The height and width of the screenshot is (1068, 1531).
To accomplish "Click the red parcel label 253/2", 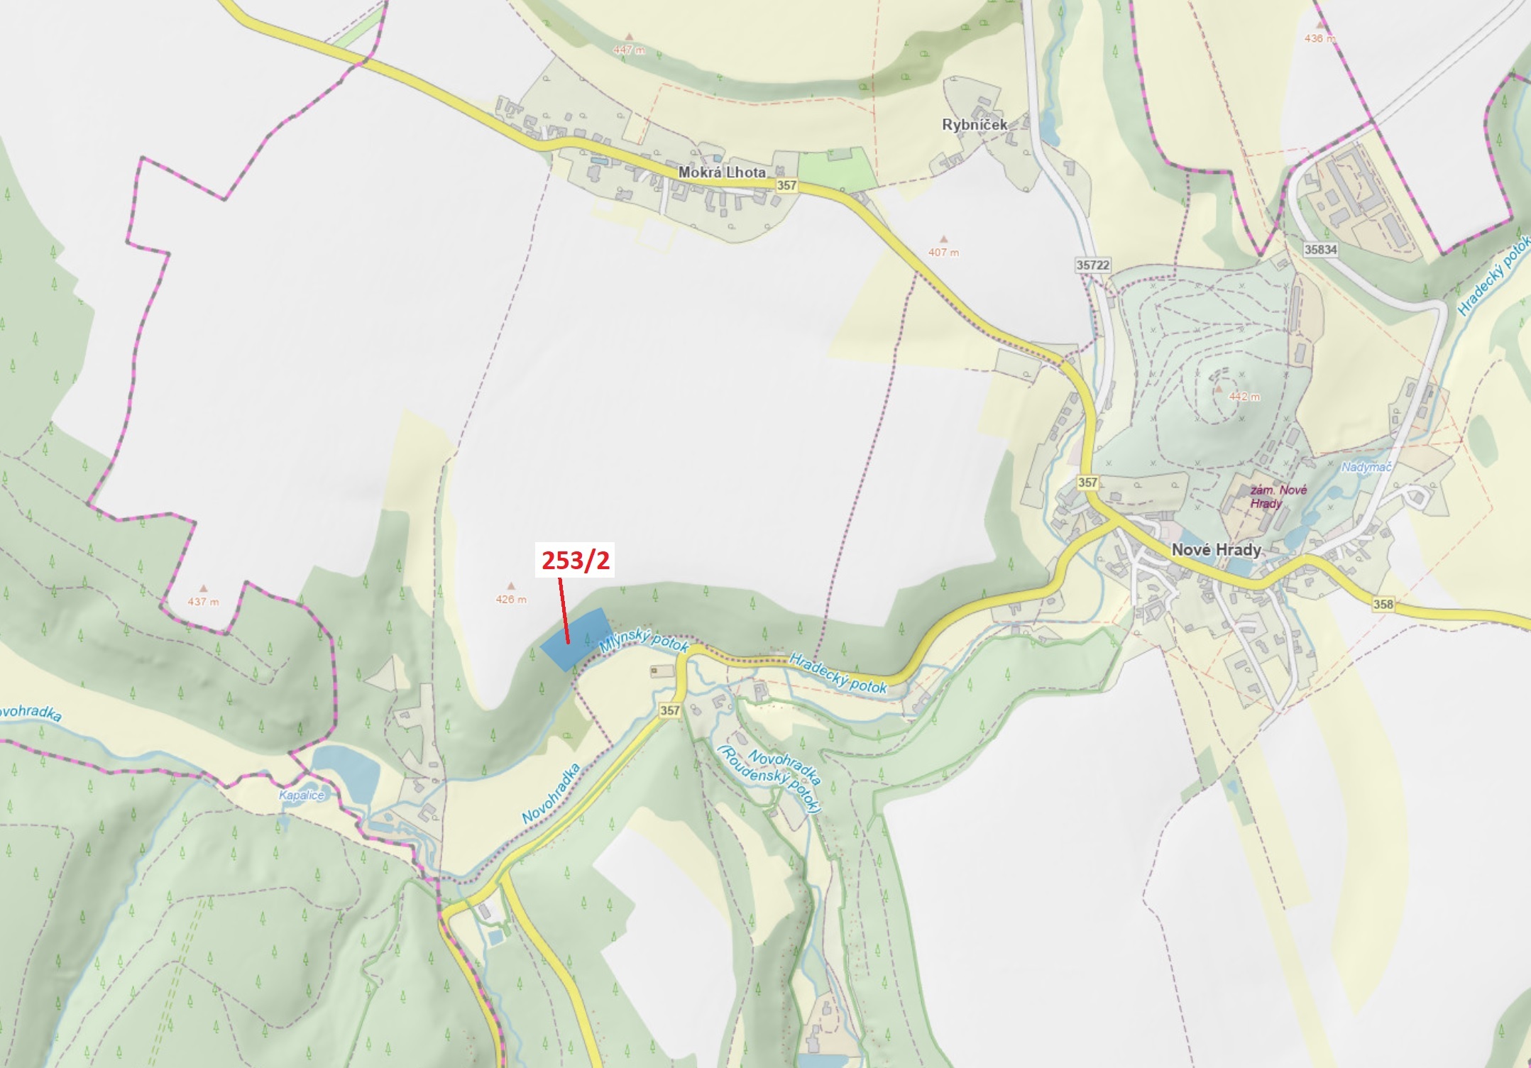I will [576, 561].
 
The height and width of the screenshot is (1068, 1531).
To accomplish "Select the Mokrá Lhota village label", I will [721, 172].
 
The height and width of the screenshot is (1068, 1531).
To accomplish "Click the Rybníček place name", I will [974, 124].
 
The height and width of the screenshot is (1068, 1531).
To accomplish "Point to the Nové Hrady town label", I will [1216, 549].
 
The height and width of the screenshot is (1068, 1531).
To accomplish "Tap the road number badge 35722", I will [1092, 265].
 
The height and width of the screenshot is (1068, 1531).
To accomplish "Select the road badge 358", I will [1383, 605].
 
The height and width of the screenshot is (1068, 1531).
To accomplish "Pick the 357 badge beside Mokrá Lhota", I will [786, 185].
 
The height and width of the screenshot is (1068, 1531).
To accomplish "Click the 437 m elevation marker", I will [202, 601].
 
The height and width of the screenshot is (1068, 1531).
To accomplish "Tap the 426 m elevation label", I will [511, 599].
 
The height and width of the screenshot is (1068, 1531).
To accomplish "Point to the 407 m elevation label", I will [943, 252].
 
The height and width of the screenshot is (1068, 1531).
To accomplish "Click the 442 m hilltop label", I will [1244, 397].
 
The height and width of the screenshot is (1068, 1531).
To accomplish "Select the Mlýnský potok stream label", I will [644, 639].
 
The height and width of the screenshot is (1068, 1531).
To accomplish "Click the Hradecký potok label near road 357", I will [838, 673].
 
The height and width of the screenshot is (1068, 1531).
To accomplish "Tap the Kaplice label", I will [301, 795].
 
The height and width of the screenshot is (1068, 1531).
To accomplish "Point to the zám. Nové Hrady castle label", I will [1277, 497].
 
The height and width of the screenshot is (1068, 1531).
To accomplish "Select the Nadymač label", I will [1366, 467].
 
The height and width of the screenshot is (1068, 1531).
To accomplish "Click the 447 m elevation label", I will [628, 50].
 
